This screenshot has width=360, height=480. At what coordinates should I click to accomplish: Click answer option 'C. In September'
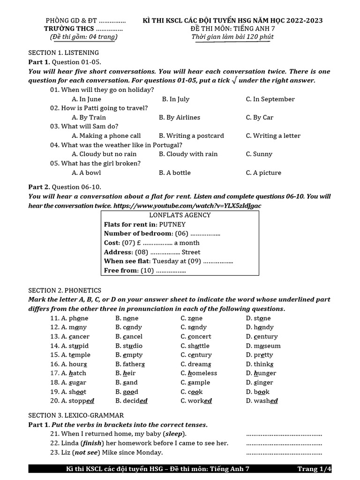[x=270, y=99]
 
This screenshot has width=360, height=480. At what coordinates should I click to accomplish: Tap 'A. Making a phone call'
[x=106, y=135]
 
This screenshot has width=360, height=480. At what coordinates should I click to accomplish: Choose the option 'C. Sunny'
[x=259, y=154]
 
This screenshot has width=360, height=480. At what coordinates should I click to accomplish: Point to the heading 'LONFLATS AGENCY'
[x=180, y=215]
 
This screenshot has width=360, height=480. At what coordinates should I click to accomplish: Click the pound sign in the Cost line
[x=139, y=243]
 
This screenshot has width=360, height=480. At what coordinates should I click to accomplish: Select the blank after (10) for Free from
[x=171, y=270]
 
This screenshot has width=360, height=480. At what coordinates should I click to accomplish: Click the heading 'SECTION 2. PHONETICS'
[x=65, y=290]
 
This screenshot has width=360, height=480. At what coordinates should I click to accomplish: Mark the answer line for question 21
[x=284, y=434]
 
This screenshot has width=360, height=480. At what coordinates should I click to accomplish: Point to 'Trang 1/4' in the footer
[x=314, y=469]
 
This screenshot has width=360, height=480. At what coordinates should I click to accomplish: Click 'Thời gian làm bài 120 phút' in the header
[x=232, y=37]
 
